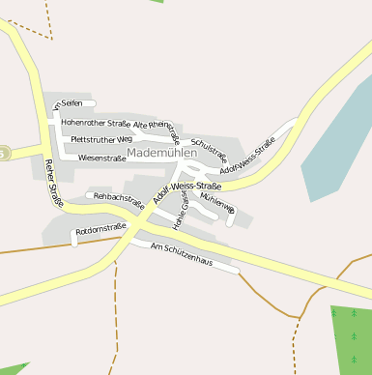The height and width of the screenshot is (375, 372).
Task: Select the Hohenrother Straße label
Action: tap(95, 124)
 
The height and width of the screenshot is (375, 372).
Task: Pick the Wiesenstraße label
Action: tap(101, 158)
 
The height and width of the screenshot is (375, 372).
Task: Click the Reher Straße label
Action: tap(49, 184)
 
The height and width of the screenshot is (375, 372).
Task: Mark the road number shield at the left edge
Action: tap(4, 153)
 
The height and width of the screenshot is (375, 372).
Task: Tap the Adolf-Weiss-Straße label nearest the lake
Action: tap(247, 158)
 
